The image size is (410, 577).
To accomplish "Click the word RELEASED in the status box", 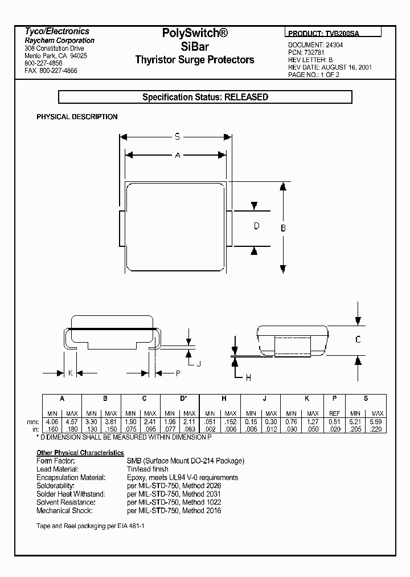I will pyautogui.click(x=246, y=97).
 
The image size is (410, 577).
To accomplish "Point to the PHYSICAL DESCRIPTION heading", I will pyautogui.click(x=77, y=117).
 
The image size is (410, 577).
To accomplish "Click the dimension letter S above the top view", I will pyautogui.click(x=177, y=137).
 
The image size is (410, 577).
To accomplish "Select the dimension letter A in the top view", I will pyautogui.click(x=177, y=155).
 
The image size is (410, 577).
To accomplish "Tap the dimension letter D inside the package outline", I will pyautogui.click(x=257, y=226).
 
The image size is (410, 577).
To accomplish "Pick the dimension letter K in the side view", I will pyautogui.click(x=70, y=373).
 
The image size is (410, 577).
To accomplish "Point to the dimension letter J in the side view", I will pyautogui.click(x=199, y=363).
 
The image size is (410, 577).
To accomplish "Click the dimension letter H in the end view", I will pyautogui.click(x=248, y=377).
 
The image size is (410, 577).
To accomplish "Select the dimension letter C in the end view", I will pyautogui.click(x=358, y=340).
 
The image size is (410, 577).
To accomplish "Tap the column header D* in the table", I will pyautogui.click(x=183, y=399).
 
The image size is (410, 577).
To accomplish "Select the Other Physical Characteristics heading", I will pyautogui.click(x=80, y=453).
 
